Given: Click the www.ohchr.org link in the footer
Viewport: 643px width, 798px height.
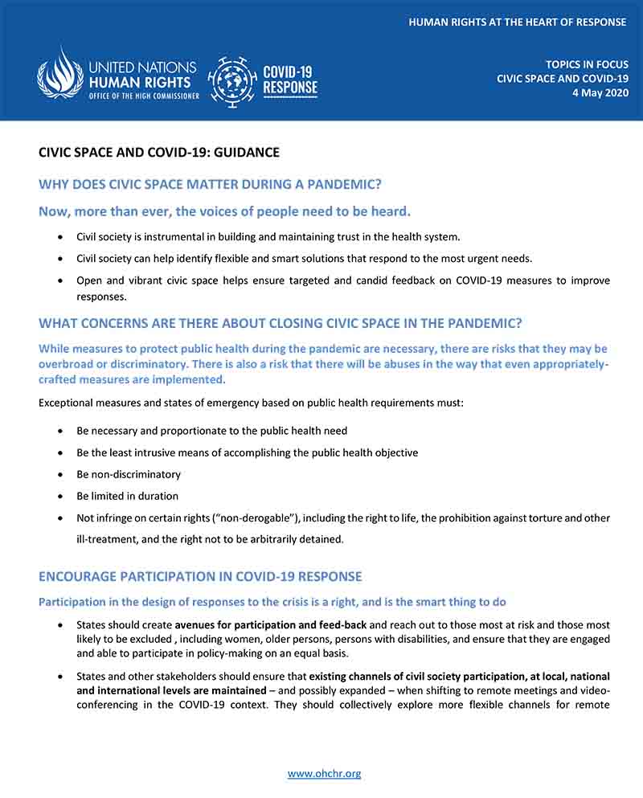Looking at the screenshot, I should (324, 774).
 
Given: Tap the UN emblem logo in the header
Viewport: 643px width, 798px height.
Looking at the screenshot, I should (60, 74).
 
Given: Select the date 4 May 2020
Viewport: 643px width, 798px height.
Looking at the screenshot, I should (596, 93).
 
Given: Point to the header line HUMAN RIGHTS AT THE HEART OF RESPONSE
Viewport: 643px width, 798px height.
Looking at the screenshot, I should (517, 23).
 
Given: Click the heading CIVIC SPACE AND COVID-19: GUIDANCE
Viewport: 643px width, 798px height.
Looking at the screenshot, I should (159, 152).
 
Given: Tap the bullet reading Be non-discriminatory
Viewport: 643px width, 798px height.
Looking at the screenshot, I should (129, 474).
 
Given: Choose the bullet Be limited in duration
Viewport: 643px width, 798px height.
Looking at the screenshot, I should (127, 496).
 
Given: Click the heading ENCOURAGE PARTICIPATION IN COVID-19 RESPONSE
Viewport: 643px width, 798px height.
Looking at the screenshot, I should (200, 576).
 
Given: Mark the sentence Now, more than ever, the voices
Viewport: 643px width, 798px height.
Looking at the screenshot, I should (225, 211).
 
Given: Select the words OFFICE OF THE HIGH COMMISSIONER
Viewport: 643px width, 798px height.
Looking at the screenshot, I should (144, 96).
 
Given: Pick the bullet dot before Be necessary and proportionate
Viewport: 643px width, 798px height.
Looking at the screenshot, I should (62, 432).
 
